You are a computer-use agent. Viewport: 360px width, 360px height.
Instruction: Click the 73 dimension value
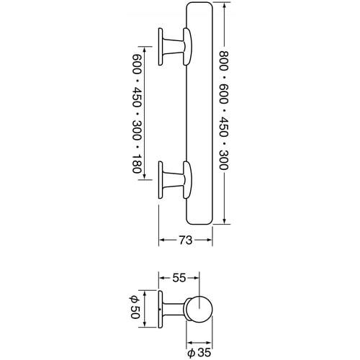[x=186, y=240]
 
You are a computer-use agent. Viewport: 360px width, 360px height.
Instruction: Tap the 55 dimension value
[x=179, y=278]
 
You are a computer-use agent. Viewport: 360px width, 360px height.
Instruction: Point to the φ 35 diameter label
[x=199, y=353]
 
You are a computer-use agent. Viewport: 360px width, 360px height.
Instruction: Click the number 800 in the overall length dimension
[x=224, y=60]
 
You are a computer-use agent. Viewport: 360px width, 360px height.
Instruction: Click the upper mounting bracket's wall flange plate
[x=161, y=47]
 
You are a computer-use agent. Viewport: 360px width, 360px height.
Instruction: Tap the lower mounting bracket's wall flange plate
[x=161, y=180]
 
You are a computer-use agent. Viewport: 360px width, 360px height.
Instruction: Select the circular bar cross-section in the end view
[x=199, y=309]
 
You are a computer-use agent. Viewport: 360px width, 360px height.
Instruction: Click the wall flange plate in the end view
[x=161, y=309]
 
